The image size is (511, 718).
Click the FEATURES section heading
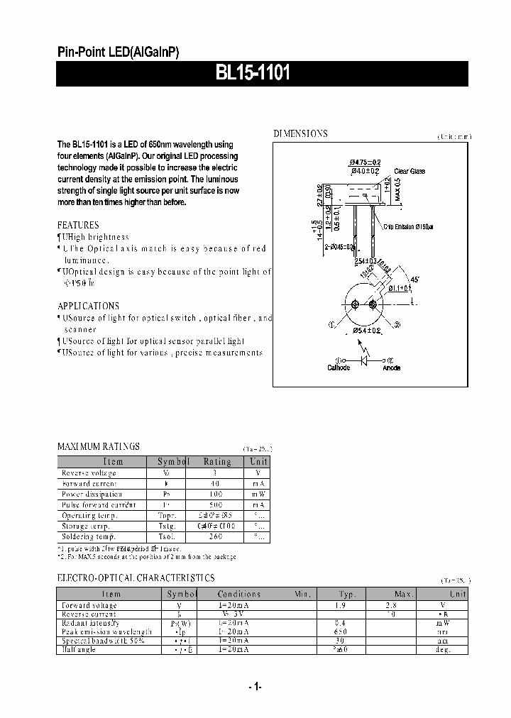(x=78, y=225)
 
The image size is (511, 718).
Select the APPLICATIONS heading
(x=88, y=306)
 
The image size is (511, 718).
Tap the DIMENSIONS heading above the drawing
(x=301, y=133)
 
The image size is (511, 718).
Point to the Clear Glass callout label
(x=410, y=171)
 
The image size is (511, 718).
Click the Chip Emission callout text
(x=408, y=226)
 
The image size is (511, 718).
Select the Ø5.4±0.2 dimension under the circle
(x=366, y=331)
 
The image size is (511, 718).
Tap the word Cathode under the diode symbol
(x=339, y=368)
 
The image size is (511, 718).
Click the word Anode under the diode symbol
(x=391, y=368)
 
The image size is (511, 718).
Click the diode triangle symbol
(x=365, y=360)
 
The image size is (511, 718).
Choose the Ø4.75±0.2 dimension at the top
(x=365, y=163)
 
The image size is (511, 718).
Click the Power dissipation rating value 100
(x=216, y=494)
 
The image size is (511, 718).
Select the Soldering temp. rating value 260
(x=216, y=536)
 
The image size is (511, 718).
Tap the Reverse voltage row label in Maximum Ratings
(x=89, y=473)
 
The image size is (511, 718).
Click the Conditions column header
(x=239, y=594)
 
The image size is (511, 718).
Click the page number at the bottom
(x=255, y=686)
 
